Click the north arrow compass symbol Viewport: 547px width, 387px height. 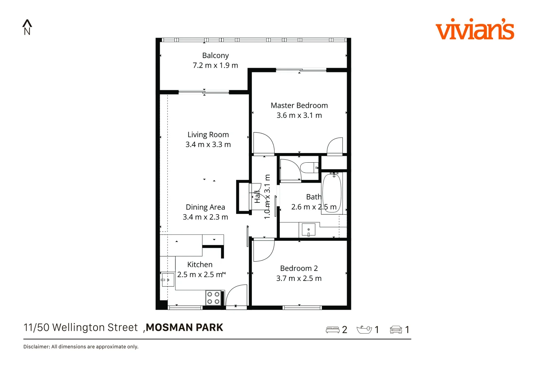27,27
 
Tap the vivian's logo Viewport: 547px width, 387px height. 474,29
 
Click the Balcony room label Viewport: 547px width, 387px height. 215,56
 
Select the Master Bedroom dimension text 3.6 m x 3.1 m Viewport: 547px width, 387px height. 299,115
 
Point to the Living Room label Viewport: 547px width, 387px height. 208,135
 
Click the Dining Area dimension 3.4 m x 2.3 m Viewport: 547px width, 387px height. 205,217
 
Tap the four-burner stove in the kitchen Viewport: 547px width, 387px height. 213,298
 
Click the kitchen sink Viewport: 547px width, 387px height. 167,279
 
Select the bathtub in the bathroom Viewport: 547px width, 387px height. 332,193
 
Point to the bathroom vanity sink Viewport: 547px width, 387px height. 308,230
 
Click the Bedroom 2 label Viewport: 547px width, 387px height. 299,268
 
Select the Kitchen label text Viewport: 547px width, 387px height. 200,264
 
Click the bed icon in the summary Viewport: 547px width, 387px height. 332,330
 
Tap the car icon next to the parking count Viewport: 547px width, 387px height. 396,330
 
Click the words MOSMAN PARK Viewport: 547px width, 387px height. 184,328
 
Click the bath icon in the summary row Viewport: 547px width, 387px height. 364,329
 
